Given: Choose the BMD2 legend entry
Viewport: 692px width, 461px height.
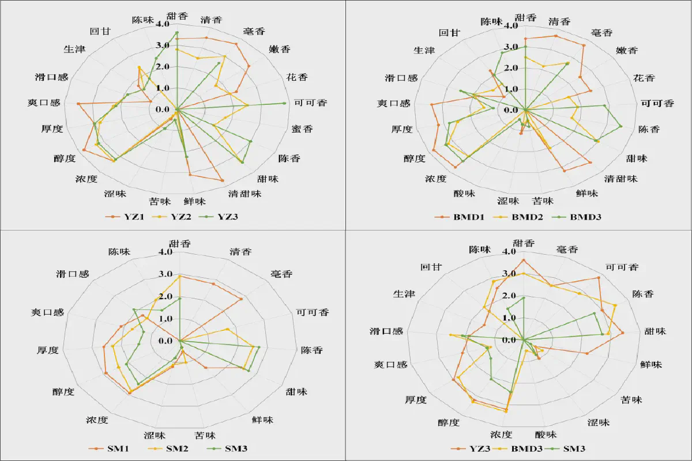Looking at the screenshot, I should point(524,218).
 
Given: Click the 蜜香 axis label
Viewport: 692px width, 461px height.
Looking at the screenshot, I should point(302,129).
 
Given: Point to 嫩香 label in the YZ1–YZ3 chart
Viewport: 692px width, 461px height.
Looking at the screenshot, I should point(279,50).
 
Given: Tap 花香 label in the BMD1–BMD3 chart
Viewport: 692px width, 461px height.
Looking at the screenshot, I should point(644,77).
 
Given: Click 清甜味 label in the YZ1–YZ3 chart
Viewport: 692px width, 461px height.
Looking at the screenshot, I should point(245,194).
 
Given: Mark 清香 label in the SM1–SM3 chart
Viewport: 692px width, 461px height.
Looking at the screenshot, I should point(240,251).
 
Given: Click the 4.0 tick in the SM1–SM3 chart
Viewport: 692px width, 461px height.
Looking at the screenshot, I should point(166,252).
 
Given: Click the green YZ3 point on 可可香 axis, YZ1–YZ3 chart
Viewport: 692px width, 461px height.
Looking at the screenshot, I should point(284,103).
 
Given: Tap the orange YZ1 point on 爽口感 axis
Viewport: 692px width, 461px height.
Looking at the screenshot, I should point(78,104).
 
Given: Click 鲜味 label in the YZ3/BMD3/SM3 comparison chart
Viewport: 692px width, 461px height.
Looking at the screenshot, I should point(651,365).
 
